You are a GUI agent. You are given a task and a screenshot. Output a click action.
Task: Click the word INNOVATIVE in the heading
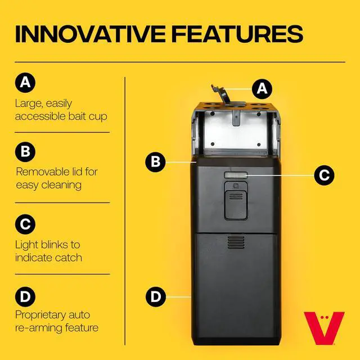[90, 34]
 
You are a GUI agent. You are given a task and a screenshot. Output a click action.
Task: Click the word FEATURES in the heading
[237, 34]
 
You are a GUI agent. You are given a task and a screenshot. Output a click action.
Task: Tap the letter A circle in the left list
[25, 83]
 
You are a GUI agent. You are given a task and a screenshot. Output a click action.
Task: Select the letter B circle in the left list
[25, 152]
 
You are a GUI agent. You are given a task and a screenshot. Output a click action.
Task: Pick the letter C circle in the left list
[25, 224]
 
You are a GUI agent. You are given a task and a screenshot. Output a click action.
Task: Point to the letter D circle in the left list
[25, 296]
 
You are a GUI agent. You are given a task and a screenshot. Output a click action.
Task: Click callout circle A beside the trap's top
[262, 89]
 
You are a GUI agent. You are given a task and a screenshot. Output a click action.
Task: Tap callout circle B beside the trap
[155, 162]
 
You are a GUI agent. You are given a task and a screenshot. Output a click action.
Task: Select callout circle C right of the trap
[324, 175]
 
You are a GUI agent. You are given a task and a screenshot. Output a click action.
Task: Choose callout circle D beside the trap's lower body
[156, 296]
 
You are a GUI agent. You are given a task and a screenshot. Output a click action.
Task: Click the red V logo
[324, 328]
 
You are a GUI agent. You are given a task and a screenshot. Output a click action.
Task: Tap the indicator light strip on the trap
[236, 175]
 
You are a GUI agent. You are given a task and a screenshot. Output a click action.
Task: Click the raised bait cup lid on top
[221, 95]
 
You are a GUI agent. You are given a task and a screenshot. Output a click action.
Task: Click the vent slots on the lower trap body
[236, 242]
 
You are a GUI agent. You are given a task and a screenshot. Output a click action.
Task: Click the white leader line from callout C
[281, 175]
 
